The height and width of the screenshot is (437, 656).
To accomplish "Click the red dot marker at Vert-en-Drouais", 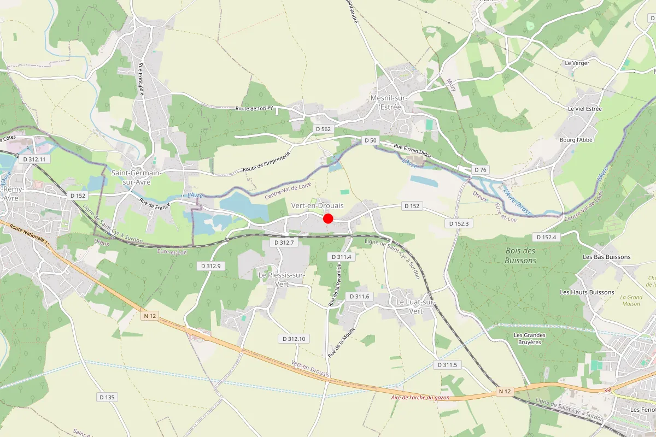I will click(x=328, y=218).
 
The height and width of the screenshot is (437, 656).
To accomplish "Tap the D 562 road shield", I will click(x=323, y=129).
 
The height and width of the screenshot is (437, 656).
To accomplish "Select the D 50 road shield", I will click(x=370, y=141).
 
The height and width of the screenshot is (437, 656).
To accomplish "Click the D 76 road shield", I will click(x=481, y=170).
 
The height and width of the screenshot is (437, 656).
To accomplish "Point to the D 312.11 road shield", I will click(x=34, y=160).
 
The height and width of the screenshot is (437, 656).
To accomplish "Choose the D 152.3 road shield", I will click(x=459, y=223).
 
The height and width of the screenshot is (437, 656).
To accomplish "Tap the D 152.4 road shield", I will click(x=546, y=237).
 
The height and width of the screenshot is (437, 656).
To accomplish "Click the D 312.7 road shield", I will click(x=284, y=242).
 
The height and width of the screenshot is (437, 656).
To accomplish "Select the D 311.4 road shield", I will click(x=342, y=256).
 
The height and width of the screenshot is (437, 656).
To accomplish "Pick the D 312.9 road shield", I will click(x=210, y=266).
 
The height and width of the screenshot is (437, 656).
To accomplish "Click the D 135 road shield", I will click(x=107, y=397).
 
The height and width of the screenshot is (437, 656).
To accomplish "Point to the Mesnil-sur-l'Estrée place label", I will click(x=386, y=103).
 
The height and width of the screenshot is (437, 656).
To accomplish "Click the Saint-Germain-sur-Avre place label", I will click(x=136, y=177).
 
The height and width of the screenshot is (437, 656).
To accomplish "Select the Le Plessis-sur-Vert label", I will click(x=281, y=280).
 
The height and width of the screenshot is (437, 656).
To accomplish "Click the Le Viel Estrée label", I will click(x=584, y=109).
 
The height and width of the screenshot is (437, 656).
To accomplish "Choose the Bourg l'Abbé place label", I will click(x=576, y=140).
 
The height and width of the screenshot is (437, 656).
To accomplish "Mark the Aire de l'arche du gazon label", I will click(x=420, y=397).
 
